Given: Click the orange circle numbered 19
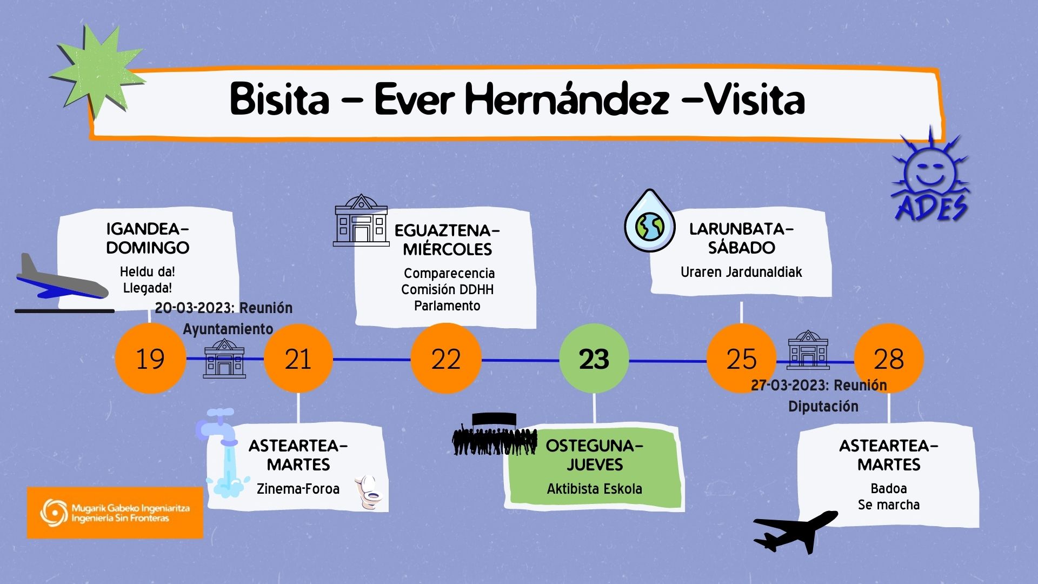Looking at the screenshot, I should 150,359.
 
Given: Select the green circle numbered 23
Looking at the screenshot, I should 594,359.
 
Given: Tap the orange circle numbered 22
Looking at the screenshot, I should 446,359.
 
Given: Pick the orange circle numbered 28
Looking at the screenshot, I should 889,359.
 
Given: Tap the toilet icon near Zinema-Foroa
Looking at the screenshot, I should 369,492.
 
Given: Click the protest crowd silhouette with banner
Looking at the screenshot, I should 494,435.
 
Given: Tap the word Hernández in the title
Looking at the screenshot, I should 567,100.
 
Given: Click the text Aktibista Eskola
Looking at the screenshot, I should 594,489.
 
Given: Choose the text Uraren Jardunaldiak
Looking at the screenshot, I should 741,272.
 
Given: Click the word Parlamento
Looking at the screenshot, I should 447,306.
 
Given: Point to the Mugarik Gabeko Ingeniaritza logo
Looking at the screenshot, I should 115,513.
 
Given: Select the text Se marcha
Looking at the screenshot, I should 888,505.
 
